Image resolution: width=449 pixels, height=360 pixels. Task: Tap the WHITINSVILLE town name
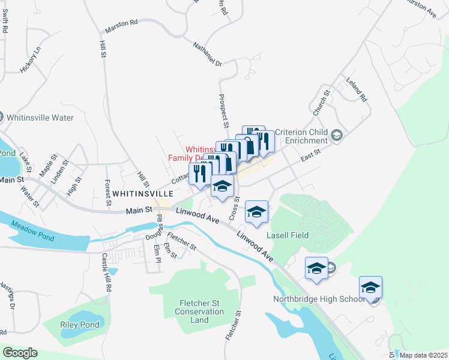point(143,194)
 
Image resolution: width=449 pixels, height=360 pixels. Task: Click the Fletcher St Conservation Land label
point(199,311)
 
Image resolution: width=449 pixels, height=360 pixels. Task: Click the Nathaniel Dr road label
point(208,55)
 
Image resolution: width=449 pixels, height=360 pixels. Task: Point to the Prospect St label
point(222,111)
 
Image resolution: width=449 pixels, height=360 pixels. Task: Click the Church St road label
point(322,103)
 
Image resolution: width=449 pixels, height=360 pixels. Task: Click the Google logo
point(20,352)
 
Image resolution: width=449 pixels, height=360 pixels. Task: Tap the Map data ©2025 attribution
point(423,355)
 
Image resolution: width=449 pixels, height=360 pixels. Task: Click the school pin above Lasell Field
point(256,212)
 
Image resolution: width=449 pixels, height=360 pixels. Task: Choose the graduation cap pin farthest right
point(370,288)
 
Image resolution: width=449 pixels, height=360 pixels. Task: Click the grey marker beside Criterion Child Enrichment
point(337,136)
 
